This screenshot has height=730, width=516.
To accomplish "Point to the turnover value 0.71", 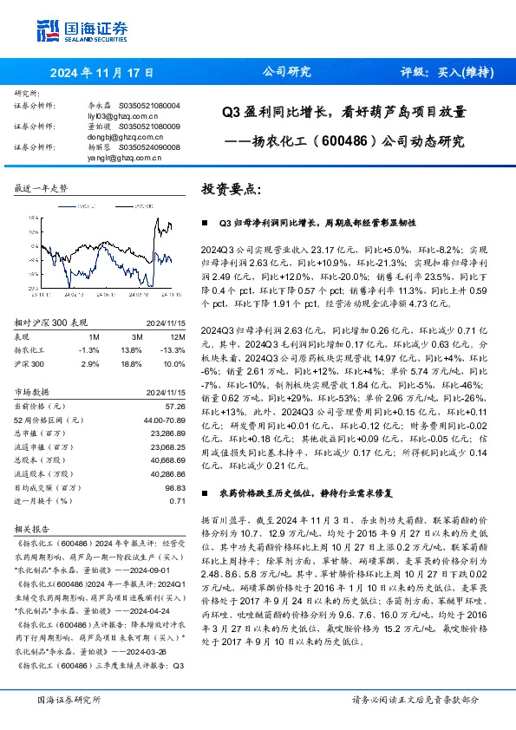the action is point(178,501).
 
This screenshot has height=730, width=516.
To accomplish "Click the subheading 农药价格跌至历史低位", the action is point(259,492).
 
